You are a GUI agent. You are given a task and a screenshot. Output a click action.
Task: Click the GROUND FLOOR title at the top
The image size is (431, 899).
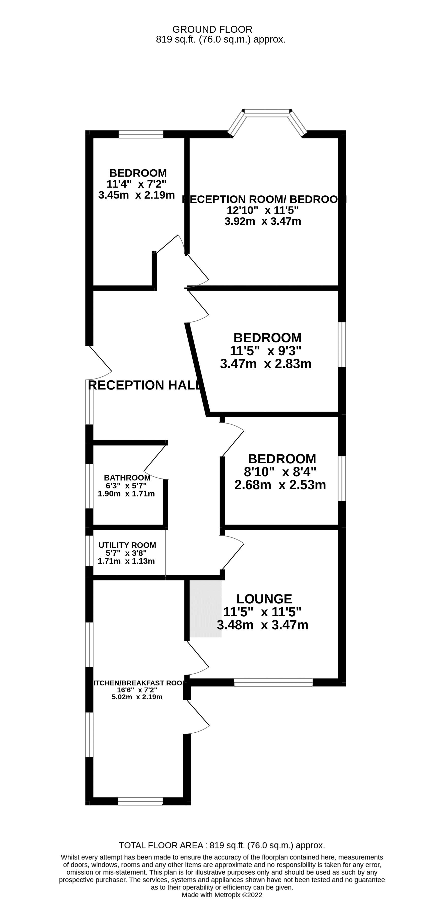[x=212, y=29]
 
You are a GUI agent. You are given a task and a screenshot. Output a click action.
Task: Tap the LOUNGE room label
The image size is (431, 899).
[x=264, y=599]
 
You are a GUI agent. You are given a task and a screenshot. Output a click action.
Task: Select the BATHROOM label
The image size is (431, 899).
[x=127, y=478]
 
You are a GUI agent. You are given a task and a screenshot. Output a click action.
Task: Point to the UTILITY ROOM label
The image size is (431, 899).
[x=127, y=545]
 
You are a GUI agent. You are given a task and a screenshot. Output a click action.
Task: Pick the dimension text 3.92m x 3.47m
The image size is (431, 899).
[x=263, y=221]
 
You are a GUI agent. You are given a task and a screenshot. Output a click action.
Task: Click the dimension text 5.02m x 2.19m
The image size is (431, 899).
[x=137, y=697]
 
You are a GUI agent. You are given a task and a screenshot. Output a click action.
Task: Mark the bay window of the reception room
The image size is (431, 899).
[x=267, y=114]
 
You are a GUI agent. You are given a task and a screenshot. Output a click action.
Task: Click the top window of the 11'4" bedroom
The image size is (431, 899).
[x=141, y=134]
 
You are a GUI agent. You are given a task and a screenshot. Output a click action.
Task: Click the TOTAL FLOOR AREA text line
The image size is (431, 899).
[x=222, y=845]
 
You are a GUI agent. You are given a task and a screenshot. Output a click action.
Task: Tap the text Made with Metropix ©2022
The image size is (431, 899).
[x=222, y=895]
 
